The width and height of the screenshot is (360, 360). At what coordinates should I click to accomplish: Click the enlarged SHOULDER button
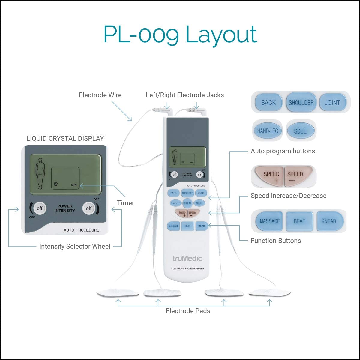[301, 103]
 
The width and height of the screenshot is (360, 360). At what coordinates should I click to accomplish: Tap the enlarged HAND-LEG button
[268, 131]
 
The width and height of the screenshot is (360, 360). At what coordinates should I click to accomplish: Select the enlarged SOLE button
[300, 131]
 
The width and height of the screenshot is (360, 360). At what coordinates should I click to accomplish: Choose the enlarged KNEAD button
[328, 221]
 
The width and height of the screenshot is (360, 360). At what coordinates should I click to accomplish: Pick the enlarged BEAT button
[299, 221]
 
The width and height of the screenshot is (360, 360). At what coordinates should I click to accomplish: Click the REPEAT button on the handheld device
[187, 203]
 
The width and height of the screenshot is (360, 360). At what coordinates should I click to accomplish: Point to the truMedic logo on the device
[187, 258]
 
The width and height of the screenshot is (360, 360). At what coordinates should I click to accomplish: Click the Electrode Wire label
[100, 95]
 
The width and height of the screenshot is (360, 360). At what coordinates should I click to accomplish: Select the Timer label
[126, 203]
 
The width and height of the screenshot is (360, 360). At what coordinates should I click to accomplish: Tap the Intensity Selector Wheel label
[75, 247]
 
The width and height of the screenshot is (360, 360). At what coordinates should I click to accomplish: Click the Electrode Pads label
[188, 311]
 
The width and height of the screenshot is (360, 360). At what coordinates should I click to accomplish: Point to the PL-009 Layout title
[180, 34]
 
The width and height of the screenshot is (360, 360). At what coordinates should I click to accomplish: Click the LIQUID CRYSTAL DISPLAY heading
[65, 139]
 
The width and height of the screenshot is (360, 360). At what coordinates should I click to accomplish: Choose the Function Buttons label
[276, 241]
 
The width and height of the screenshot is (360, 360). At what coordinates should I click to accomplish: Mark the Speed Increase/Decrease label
[289, 196]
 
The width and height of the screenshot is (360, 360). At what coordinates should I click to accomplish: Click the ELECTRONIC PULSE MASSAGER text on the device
[187, 268]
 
